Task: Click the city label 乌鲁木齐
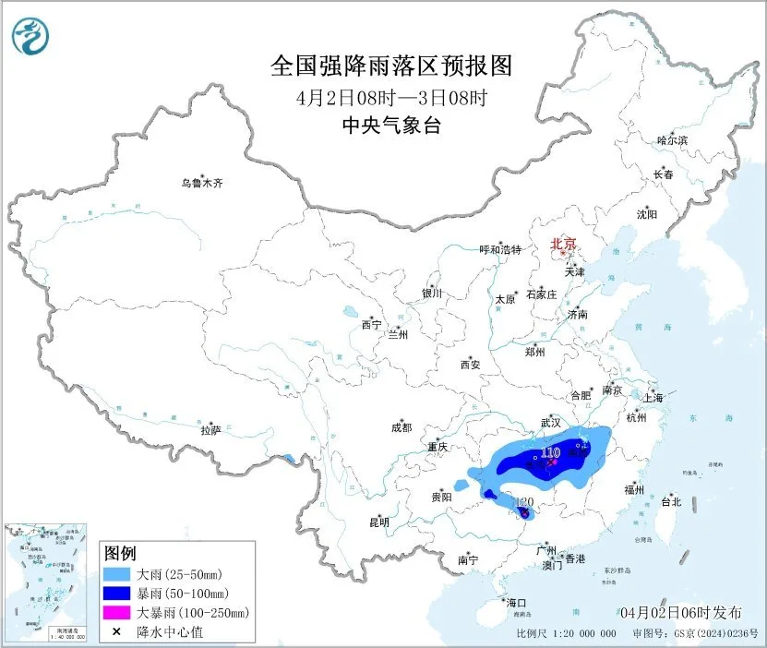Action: (x=201, y=183)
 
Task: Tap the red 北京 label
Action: (x=562, y=244)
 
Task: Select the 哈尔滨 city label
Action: (x=672, y=139)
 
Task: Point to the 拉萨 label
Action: (x=210, y=429)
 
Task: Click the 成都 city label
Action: (x=401, y=427)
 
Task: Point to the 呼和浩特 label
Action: (x=501, y=249)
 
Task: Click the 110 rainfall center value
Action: (x=551, y=452)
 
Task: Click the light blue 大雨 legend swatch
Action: (x=115, y=574)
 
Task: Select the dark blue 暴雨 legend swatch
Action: (x=115, y=594)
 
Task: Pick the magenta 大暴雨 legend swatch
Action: (x=115, y=612)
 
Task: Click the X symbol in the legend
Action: (x=115, y=631)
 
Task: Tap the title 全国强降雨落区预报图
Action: (x=390, y=66)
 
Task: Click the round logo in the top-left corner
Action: (x=30, y=36)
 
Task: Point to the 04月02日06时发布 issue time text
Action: (x=680, y=612)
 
